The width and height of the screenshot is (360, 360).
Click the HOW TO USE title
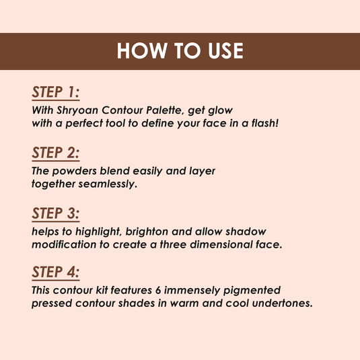click(x=180, y=51)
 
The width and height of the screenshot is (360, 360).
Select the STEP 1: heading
click(x=56, y=92)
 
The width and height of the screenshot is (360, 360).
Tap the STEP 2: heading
click(x=56, y=153)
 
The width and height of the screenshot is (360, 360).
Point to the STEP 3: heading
click(x=56, y=213)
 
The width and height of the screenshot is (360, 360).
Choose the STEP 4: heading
click(x=56, y=273)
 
